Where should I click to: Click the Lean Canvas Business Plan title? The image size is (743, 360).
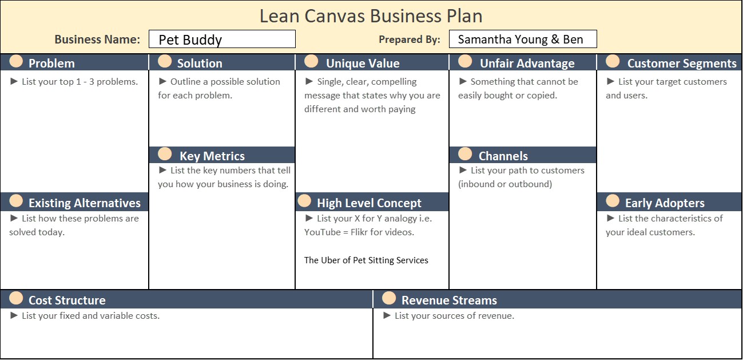pyautogui.click(x=371, y=16)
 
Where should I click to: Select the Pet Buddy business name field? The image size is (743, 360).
pyautogui.click(x=222, y=39)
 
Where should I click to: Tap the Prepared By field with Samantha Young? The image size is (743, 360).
pyautogui.click(x=523, y=39)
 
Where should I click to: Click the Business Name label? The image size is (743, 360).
pyautogui.click(x=97, y=39)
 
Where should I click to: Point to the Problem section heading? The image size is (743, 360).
pyautogui.click(x=51, y=64)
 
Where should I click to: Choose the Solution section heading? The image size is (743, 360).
pyautogui.click(x=200, y=64)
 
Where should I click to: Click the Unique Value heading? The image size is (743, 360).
pyautogui.click(x=363, y=64)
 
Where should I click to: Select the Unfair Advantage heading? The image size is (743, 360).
pyautogui.click(x=527, y=64)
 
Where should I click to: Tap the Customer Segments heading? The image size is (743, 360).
pyautogui.click(x=682, y=64)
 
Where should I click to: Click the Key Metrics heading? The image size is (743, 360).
pyautogui.click(x=212, y=156)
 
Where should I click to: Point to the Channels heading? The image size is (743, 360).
pyautogui.click(x=503, y=156)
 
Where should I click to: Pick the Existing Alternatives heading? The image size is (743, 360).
pyautogui.click(x=85, y=203)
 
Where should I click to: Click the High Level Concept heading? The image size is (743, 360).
pyautogui.click(x=369, y=203)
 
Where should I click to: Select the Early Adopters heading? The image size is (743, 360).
pyautogui.click(x=665, y=203)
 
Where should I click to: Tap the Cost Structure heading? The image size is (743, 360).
pyautogui.click(x=67, y=300)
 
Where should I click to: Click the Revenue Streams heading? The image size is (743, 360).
pyautogui.click(x=449, y=300)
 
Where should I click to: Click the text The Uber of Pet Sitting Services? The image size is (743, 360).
pyautogui.click(x=366, y=260)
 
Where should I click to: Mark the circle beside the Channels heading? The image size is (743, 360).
pyautogui.click(x=465, y=153)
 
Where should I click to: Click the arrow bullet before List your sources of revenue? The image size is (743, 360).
pyautogui.click(x=387, y=315)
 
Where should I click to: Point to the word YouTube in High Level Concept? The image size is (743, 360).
pyautogui.click(x=323, y=232)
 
